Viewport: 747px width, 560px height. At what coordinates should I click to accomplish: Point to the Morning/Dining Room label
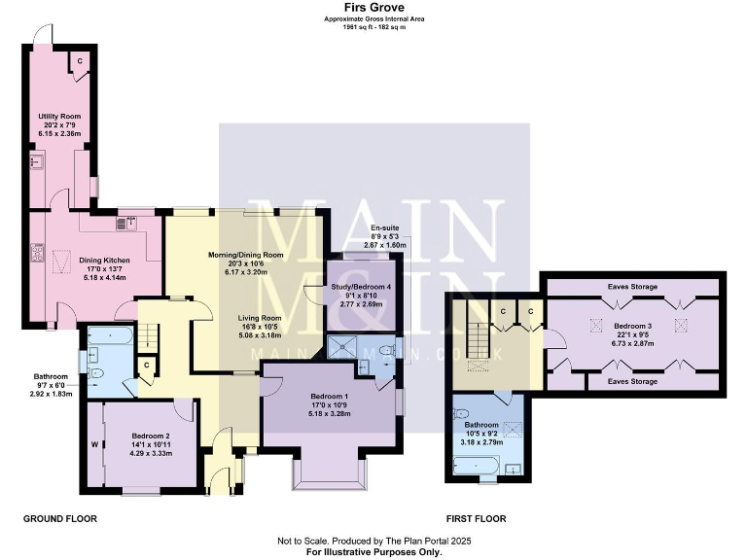(246, 255)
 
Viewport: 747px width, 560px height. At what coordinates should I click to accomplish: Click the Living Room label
(261, 318)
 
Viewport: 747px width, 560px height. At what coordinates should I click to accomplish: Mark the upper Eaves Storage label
(632, 287)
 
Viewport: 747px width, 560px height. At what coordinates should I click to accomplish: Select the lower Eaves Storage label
(632, 382)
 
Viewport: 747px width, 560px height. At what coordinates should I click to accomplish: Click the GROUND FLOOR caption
(60, 519)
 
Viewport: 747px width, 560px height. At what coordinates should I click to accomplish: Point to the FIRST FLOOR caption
(476, 519)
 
